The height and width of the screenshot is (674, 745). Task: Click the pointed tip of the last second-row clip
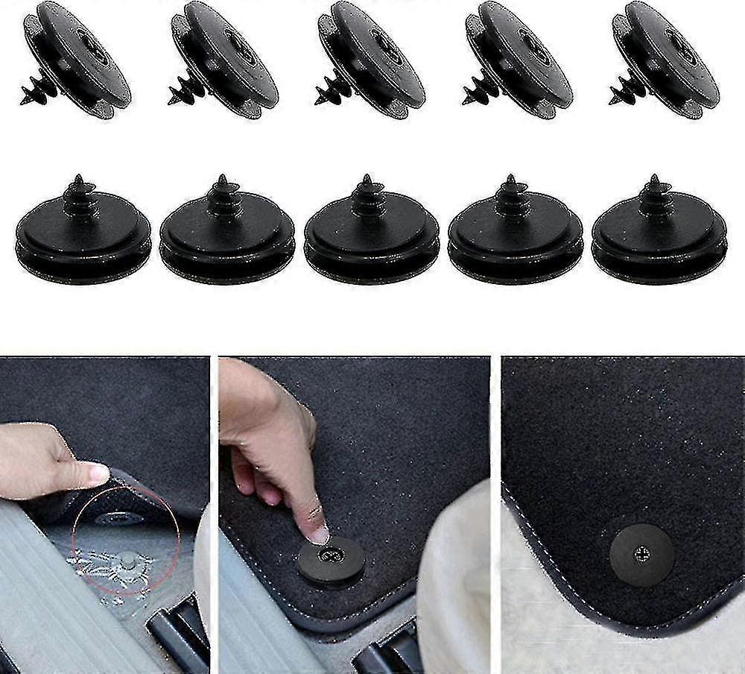coord(653,179)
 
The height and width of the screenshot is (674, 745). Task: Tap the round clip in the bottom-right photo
coord(641,555)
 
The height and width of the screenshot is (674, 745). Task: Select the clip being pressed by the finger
coord(332,561)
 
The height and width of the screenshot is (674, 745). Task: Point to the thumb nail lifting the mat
coord(98,473)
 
